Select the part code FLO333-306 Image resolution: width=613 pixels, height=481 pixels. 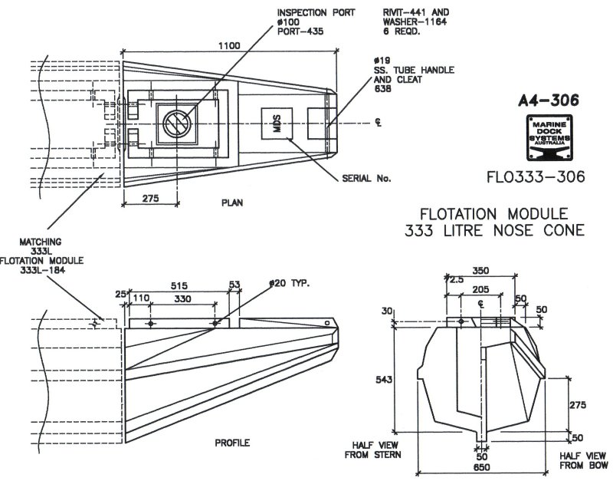coord(536,177)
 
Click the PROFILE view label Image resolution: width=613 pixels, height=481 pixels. coord(232,443)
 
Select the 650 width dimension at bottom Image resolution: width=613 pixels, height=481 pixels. coord(481,466)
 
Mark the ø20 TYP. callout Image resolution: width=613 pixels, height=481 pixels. coord(288,284)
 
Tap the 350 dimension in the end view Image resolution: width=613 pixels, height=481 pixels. coord(481,271)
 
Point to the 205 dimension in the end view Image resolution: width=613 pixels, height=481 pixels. coord(480,290)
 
